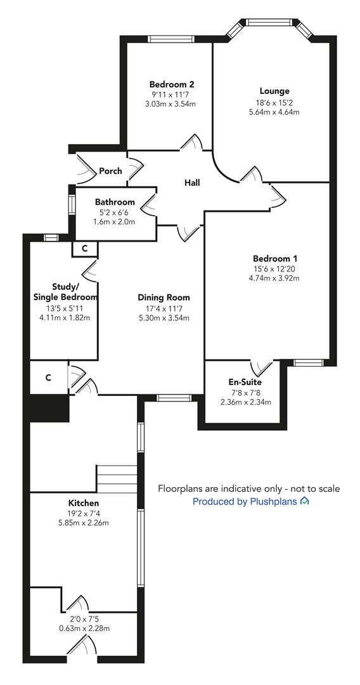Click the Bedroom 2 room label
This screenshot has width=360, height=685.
(x=171, y=84)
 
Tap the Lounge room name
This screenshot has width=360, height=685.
(x=274, y=91)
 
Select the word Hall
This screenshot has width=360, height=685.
(x=191, y=183)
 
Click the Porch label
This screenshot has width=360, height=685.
(x=110, y=171)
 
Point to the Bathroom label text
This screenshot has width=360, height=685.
(x=115, y=202)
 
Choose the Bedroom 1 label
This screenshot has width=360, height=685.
(x=274, y=259)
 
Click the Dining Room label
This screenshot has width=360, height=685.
(x=164, y=297)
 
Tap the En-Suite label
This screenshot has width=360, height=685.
(x=245, y=382)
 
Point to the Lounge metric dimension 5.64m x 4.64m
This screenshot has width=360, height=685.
(x=274, y=112)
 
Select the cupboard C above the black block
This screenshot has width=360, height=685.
(x=48, y=377)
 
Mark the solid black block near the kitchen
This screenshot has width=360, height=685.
(x=48, y=407)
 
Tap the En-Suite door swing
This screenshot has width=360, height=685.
(x=259, y=368)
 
